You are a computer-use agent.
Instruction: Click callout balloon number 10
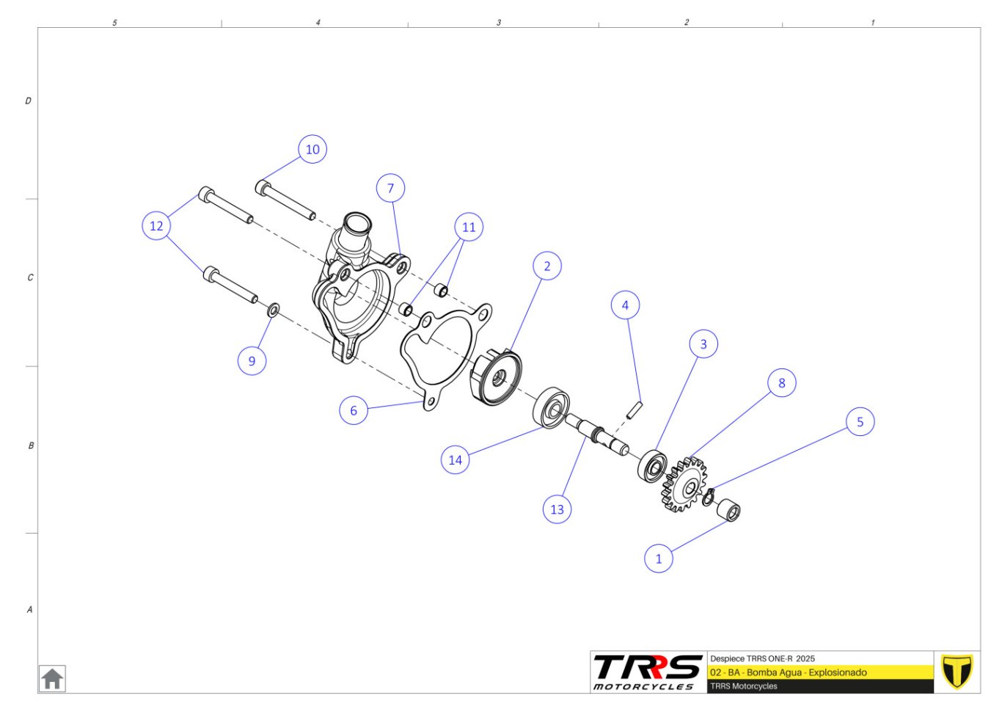pyautogui.click(x=312, y=150)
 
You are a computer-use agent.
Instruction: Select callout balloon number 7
pyautogui.click(x=390, y=188)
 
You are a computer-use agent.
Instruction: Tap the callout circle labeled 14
pyautogui.click(x=455, y=460)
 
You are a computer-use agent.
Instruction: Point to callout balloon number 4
pyautogui.click(x=625, y=305)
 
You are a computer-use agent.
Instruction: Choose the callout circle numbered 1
pyautogui.click(x=659, y=559)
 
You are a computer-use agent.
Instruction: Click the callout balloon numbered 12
pyautogui.click(x=156, y=226)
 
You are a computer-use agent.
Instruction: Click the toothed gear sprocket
pyautogui.click(x=684, y=484)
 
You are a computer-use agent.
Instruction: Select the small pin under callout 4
pyautogui.click(x=635, y=410)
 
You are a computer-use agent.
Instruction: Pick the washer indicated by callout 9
pyautogui.click(x=274, y=310)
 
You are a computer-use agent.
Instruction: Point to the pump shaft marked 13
pyautogui.click(x=597, y=435)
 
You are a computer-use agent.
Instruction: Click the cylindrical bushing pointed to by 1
pyautogui.click(x=728, y=510)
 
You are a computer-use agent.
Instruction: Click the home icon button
pyautogui.click(x=52, y=679)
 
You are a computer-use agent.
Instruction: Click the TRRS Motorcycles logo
pyautogui.click(x=648, y=672)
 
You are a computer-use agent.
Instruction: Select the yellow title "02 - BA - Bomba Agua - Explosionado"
pyautogui.click(x=789, y=672)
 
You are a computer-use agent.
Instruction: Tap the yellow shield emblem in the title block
pyautogui.click(x=957, y=672)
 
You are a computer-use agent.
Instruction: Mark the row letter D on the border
pyautogui.click(x=28, y=101)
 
